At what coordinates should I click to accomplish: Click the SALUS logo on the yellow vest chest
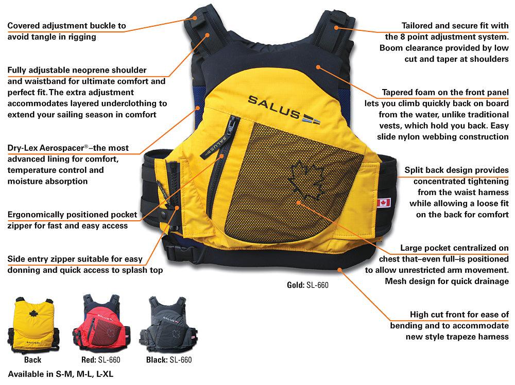(283, 102)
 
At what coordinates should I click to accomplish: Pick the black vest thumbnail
(167, 323)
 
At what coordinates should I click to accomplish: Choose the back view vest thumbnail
(32, 323)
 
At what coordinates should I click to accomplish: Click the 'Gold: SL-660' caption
(307, 285)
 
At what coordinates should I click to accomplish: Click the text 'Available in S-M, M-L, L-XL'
(60, 374)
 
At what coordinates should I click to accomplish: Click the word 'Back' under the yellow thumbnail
(32, 359)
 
